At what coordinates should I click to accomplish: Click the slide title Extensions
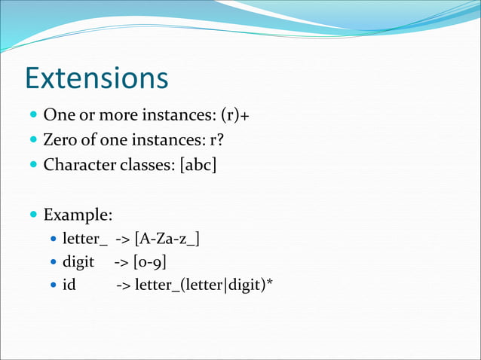(96, 79)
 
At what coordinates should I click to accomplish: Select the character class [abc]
(195, 164)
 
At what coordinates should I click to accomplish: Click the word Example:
(78, 215)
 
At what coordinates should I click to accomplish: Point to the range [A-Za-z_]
(167, 239)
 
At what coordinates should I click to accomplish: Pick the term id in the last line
(69, 286)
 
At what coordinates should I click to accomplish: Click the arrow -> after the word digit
(121, 262)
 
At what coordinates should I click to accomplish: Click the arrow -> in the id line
(123, 286)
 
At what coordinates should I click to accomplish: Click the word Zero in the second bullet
(60, 140)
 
